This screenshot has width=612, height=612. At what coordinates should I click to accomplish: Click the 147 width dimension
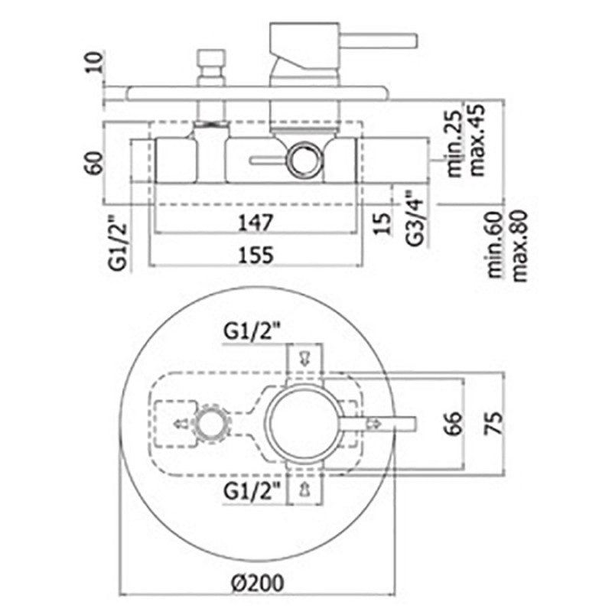(x=256, y=223)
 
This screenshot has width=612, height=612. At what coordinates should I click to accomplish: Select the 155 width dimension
(x=256, y=256)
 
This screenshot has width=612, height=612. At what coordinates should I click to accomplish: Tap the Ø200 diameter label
(x=257, y=584)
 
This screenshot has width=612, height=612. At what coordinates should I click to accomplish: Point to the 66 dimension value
(x=454, y=423)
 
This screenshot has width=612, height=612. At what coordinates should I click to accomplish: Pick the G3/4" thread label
(x=415, y=218)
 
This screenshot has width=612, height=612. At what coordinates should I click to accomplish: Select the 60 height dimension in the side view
(x=94, y=163)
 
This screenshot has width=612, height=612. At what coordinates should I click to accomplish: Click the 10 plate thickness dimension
(x=95, y=62)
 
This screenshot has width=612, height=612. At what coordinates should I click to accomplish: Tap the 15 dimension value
(x=382, y=223)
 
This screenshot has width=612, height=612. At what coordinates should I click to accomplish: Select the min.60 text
(x=496, y=245)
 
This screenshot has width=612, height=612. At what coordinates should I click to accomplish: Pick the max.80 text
(x=519, y=246)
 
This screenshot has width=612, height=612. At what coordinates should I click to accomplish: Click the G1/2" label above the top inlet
(x=252, y=332)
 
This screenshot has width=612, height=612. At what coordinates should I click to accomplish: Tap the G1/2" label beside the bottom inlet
(x=252, y=491)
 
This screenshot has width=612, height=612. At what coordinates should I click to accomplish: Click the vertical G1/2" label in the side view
(x=118, y=243)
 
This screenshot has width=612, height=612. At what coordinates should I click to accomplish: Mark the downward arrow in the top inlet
(x=304, y=359)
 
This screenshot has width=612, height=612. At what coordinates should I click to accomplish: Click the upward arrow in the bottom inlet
(x=304, y=489)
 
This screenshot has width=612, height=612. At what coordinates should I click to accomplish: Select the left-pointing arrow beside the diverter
(x=181, y=424)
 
